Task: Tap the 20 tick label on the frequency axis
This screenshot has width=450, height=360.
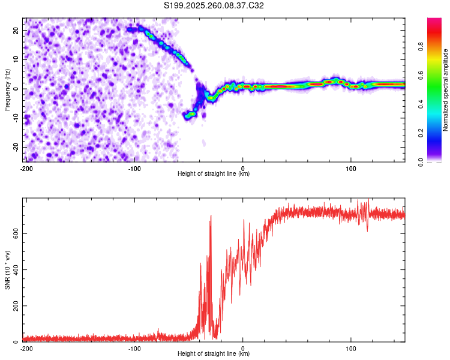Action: [x=16, y=30]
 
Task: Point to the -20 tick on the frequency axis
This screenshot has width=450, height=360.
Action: [x=16, y=147]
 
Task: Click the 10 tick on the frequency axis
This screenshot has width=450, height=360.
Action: [x=16, y=59]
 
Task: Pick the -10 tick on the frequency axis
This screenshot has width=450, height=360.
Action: [x=16, y=118]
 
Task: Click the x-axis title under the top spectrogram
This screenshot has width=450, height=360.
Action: [x=214, y=174]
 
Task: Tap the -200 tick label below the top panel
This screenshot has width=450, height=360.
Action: [x=26, y=168]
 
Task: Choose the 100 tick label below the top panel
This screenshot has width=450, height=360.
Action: [x=351, y=168]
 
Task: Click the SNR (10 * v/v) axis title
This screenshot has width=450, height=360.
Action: [x=8, y=269]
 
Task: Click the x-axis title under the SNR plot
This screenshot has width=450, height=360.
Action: [x=214, y=354]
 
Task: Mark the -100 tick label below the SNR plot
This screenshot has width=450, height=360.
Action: [x=134, y=348]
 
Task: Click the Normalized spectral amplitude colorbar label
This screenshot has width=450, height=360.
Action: [x=445, y=90]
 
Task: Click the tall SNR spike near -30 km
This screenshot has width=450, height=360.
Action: [x=211, y=217]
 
